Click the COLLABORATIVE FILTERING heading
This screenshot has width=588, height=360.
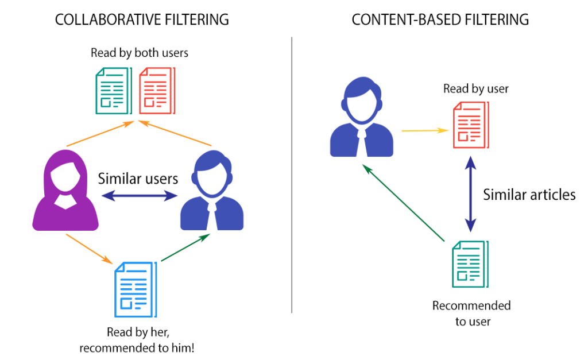[141, 20]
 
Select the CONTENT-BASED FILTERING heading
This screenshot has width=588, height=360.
[440, 20]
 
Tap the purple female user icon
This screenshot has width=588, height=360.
[65, 192]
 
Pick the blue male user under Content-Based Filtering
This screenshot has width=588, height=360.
[362, 119]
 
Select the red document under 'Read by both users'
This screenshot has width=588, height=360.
[156, 91]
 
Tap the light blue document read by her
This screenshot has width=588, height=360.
[135, 289]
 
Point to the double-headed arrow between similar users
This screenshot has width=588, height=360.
[140, 196]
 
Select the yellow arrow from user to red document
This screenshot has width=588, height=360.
[424, 130]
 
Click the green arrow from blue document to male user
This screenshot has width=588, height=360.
[184, 249]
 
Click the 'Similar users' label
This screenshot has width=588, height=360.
[138, 179]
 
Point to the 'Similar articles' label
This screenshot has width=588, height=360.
[529, 195]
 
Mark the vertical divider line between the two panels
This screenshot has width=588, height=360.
[292, 172]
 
